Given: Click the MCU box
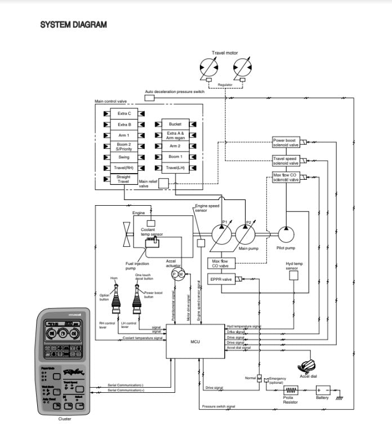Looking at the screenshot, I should [x=195, y=341].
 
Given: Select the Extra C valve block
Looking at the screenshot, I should [x=124, y=113].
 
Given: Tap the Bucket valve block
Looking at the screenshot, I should [x=175, y=123].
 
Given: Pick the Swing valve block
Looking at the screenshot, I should [x=124, y=157].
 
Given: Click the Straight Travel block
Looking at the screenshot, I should [x=123, y=179].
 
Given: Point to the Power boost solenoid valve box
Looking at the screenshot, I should [x=286, y=142].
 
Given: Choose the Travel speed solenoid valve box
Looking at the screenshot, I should [x=286, y=161].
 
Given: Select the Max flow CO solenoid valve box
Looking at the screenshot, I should [x=286, y=178].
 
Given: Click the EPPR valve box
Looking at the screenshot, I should [x=221, y=279].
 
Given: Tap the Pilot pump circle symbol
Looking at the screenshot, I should [x=286, y=234].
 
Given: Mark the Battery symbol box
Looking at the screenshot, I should [x=323, y=390].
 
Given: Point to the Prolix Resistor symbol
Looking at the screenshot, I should [x=291, y=390].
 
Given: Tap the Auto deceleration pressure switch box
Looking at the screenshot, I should [x=150, y=98].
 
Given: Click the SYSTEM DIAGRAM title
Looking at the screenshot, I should [x=74, y=25].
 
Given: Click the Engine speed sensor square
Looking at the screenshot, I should [x=201, y=242].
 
